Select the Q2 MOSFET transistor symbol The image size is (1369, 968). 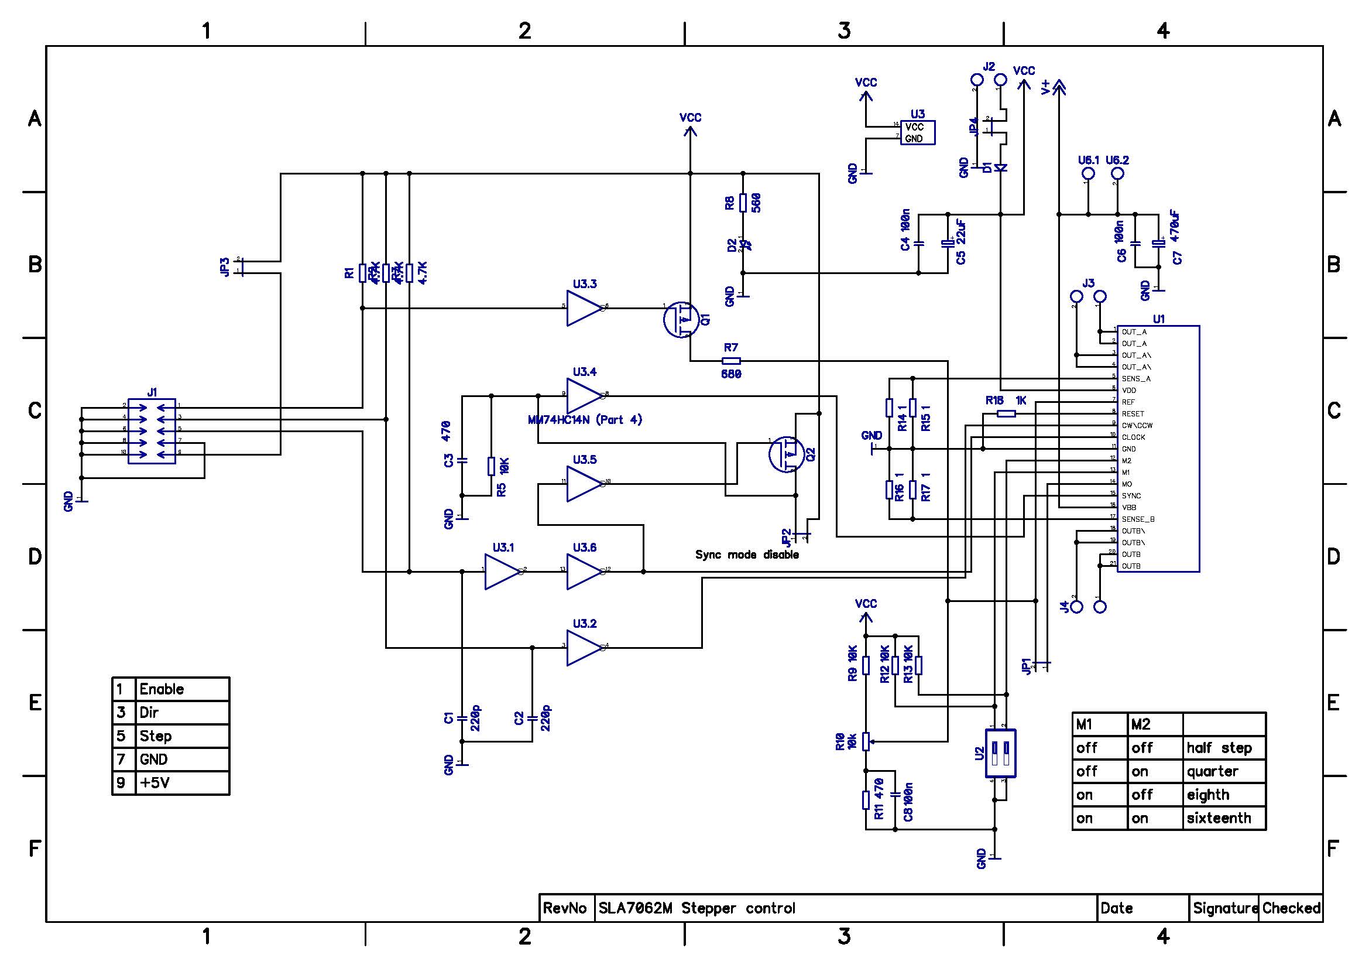[x=786, y=454]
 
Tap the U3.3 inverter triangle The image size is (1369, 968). [x=584, y=308]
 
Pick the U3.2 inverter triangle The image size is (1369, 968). [x=584, y=647]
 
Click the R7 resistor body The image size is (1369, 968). [x=731, y=361]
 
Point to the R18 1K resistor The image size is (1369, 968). [x=1007, y=413]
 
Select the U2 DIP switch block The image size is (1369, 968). [x=1000, y=752]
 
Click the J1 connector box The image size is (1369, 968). [x=152, y=430]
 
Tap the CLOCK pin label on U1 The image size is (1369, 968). [x=1134, y=437]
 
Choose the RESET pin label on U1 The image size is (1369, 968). [x=1133, y=414]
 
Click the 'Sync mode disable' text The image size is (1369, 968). [x=746, y=555]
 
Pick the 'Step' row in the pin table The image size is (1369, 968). [x=156, y=736]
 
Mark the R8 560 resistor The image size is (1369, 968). [x=743, y=203]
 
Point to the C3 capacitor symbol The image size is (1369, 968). [x=463, y=460]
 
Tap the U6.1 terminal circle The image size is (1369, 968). [x=1088, y=173]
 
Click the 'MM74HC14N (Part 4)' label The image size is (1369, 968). [x=585, y=420]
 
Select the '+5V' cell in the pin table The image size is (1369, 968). [x=155, y=782]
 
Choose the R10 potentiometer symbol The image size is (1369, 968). [x=866, y=741]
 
